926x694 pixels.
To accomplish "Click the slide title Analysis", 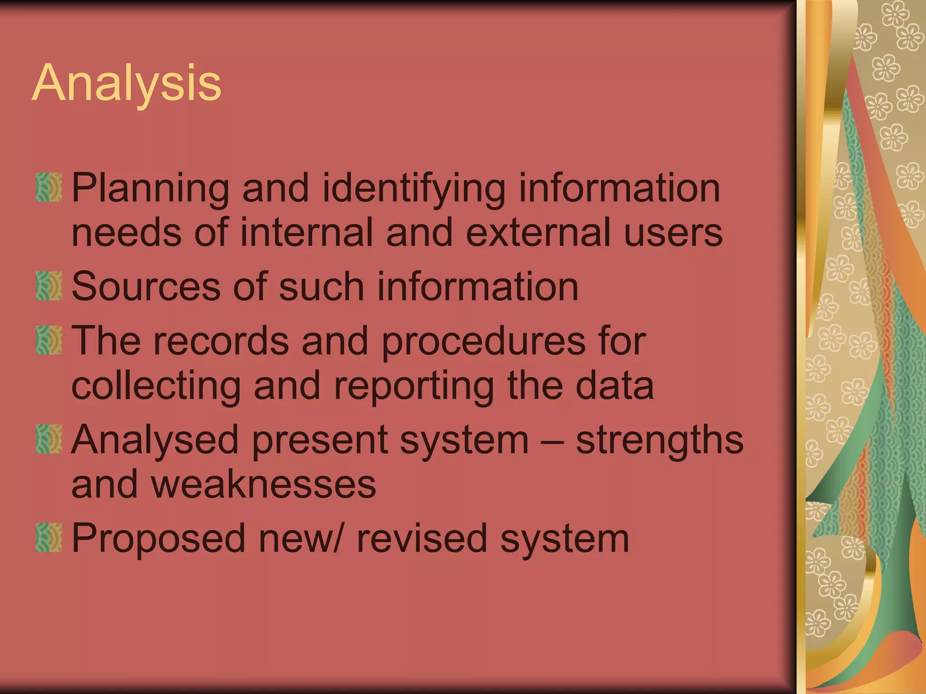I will [x=127, y=84].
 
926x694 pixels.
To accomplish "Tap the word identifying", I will [x=414, y=188].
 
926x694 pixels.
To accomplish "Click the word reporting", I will [x=414, y=387].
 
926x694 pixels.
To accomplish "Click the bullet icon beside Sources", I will [x=49, y=286].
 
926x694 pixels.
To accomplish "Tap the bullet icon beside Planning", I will [x=49, y=187].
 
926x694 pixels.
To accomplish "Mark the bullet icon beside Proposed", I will [x=49, y=538].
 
